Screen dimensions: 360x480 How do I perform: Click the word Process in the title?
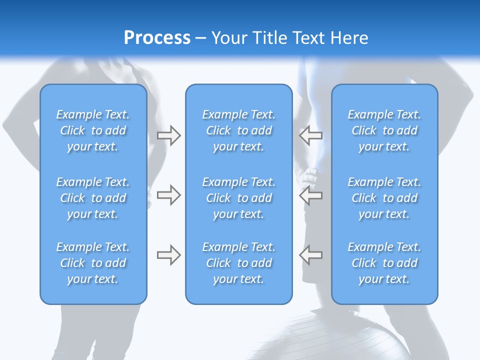pos(157,38)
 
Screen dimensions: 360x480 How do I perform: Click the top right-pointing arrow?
pos(168,135)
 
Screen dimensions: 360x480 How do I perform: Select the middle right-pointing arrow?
pos(168,195)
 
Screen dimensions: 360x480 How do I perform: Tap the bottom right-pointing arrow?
pos(168,255)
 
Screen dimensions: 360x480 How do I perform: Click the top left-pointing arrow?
pos(310,135)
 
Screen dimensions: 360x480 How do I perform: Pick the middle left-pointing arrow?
pos(310,195)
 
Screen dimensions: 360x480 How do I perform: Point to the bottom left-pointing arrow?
pos(310,255)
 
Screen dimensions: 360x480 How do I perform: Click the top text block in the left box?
pos(93,130)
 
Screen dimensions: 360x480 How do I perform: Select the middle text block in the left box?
pos(93,198)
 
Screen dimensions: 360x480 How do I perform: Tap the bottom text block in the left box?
pos(93,263)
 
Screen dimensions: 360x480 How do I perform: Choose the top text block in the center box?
pos(238,130)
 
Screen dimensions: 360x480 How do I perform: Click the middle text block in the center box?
pos(238,198)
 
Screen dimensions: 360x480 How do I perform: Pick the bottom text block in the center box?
pos(238,263)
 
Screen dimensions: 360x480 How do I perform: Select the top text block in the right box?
pos(384,130)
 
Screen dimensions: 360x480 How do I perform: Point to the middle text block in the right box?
pos(384,198)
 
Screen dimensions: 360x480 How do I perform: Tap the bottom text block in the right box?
pos(384,263)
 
